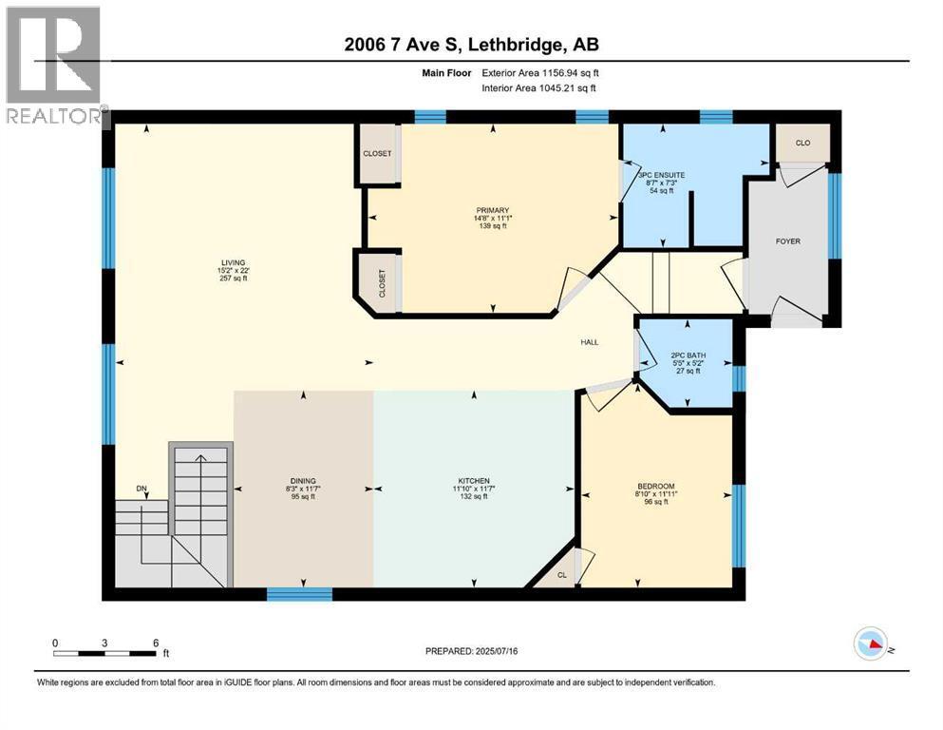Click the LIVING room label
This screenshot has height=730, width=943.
[x=234, y=262]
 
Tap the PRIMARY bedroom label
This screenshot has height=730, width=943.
[x=494, y=211]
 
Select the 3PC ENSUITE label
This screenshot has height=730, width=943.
[x=661, y=176]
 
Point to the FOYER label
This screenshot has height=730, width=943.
[x=787, y=241]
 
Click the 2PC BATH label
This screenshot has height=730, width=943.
[x=688, y=355]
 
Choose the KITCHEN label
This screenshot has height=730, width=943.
[x=472, y=480]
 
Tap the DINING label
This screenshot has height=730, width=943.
[x=303, y=480]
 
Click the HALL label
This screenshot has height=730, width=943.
[x=590, y=342]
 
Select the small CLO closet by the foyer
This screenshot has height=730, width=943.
[x=802, y=144]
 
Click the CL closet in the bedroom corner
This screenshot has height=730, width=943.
[x=562, y=575]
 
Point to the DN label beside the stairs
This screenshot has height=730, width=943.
[x=142, y=489]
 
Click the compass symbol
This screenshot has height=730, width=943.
[x=870, y=644]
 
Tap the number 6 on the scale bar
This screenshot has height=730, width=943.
[x=156, y=643]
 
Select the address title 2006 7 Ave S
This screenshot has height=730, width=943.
[x=470, y=45]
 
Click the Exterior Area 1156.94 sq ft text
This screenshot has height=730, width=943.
[x=540, y=72]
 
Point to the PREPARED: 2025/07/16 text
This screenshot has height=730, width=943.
[x=472, y=652]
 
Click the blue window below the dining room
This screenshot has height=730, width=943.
[x=299, y=594]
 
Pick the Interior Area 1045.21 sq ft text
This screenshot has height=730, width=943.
[x=540, y=88]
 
